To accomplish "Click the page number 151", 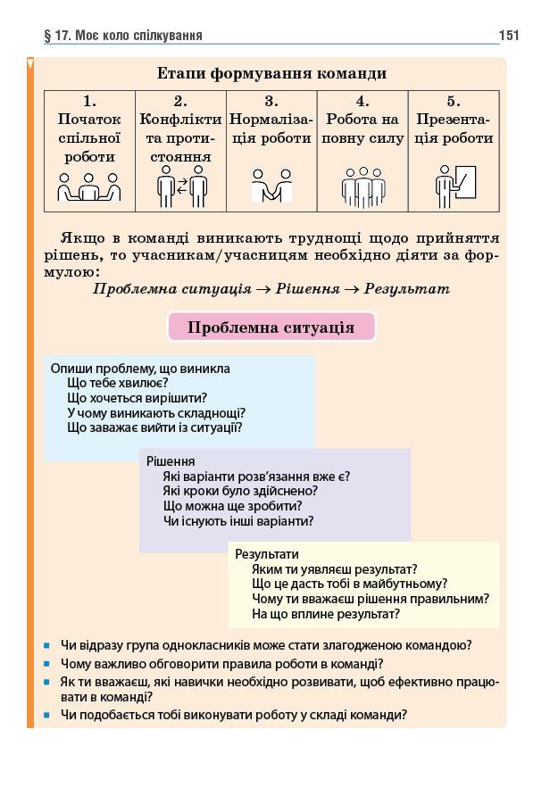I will tap(508, 36).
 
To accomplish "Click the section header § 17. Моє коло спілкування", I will tap(123, 36).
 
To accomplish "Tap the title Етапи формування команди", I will tap(271, 73).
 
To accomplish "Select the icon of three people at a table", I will tap(88, 187).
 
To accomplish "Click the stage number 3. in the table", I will tap(271, 102).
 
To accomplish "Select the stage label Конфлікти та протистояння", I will tap(180, 137).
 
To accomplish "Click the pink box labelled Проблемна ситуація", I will tap(271, 328).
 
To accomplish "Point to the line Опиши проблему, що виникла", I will tap(140, 368).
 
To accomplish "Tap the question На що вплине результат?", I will tap(325, 614).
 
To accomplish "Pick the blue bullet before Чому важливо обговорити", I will tap(46, 665).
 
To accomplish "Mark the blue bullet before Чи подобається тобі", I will tap(46, 715).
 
